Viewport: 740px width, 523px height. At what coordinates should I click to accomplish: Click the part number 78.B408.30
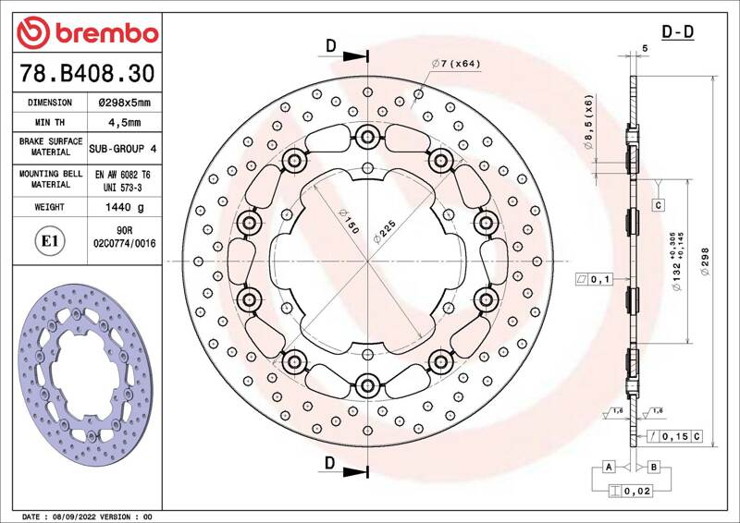(x=87, y=73)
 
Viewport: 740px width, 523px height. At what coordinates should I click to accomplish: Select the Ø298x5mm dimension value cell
(x=125, y=103)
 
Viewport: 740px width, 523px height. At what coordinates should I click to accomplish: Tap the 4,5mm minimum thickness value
(x=125, y=122)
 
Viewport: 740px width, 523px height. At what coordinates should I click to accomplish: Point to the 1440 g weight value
(x=125, y=207)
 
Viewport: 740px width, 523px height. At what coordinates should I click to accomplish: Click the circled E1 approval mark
(x=50, y=241)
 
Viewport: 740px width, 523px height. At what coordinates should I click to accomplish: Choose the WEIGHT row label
(x=50, y=207)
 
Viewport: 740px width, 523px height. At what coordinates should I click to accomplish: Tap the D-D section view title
(x=678, y=32)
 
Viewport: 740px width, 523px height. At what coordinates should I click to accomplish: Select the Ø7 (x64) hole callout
(x=456, y=63)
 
